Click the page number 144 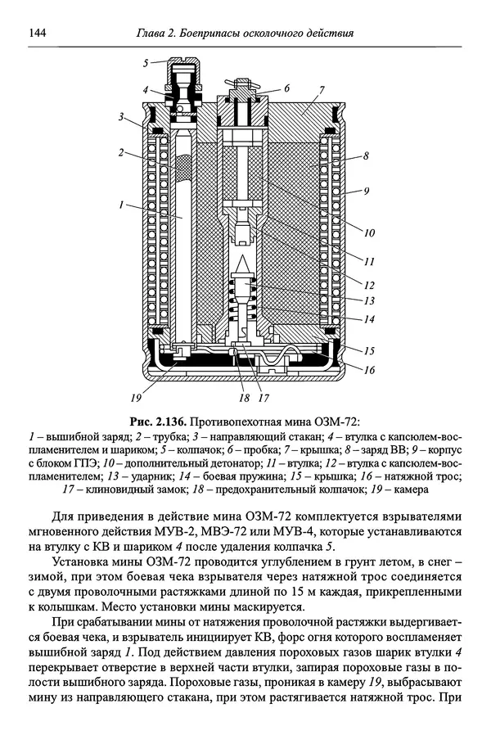[37, 34]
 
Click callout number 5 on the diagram [146, 62]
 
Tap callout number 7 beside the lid [322, 89]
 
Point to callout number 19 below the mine [136, 398]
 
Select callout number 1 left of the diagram [121, 205]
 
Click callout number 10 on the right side [370, 232]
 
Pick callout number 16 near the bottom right [370, 370]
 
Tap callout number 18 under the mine [244, 398]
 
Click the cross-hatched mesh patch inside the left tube [182, 169]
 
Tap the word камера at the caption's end [411, 489]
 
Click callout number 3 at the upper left [121, 117]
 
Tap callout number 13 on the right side [370, 300]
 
